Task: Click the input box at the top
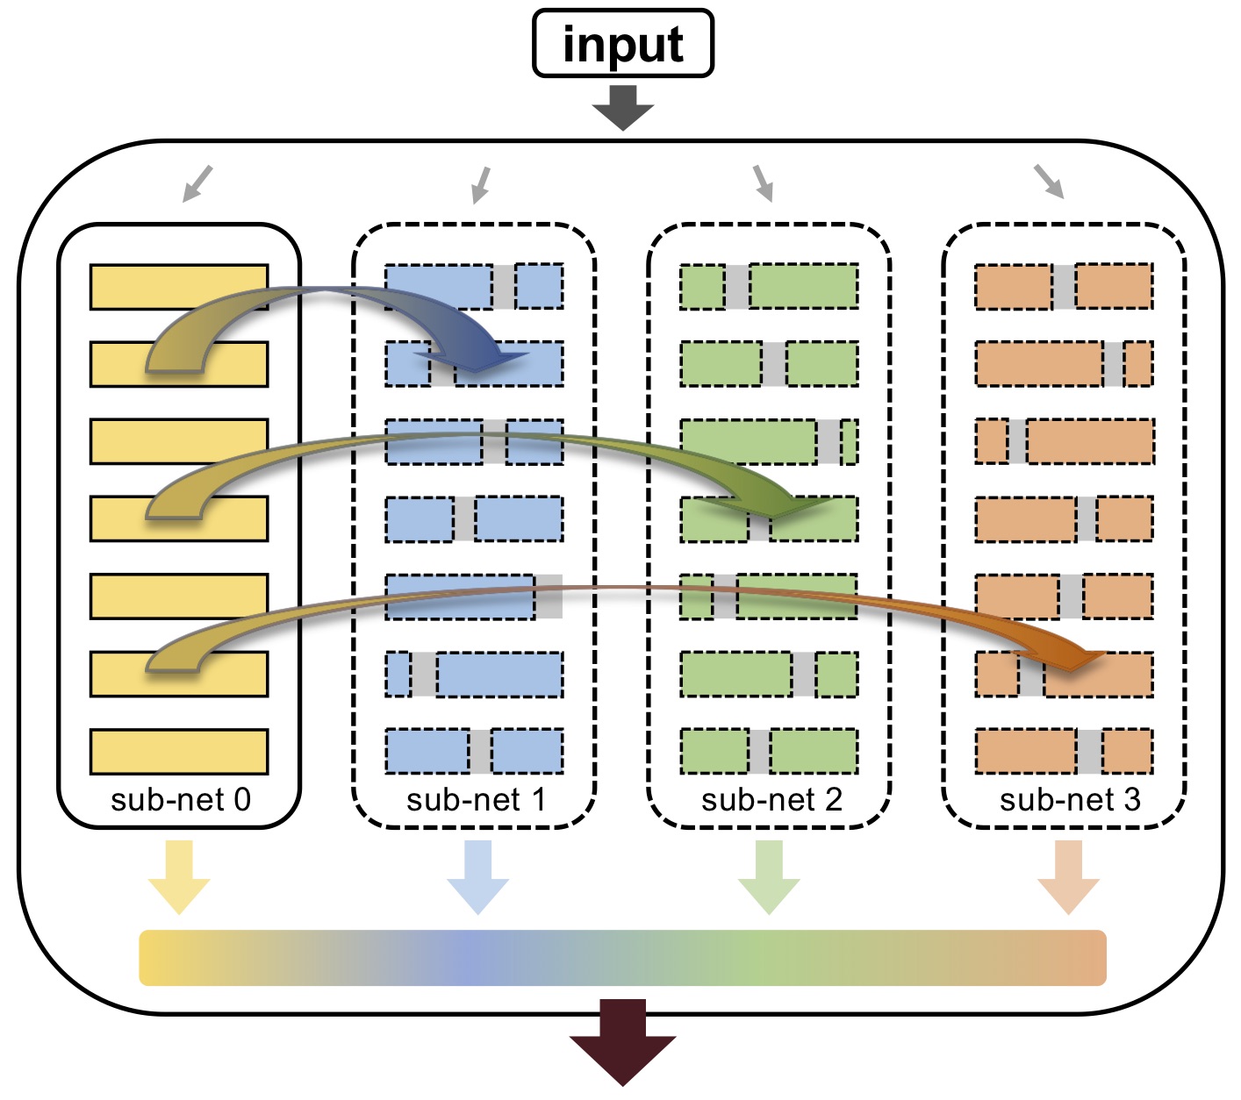(x=623, y=43)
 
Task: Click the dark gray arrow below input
(x=623, y=108)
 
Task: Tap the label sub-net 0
(x=181, y=799)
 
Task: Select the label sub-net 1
(x=476, y=799)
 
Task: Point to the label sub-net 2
(x=771, y=799)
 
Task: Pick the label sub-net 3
(x=1070, y=799)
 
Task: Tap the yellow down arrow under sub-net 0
(x=179, y=877)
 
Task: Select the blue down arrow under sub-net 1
(x=477, y=877)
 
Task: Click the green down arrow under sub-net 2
(x=770, y=877)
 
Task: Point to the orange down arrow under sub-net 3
(x=1068, y=877)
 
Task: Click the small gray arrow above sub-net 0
(x=197, y=183)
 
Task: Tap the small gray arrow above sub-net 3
(x=1050, y=182)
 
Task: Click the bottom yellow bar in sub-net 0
(x=179, y=751)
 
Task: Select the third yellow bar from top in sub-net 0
(x=179, y=441)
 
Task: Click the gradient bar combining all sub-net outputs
(x=622, y=957)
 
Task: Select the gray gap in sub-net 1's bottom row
(x=480, y=751)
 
